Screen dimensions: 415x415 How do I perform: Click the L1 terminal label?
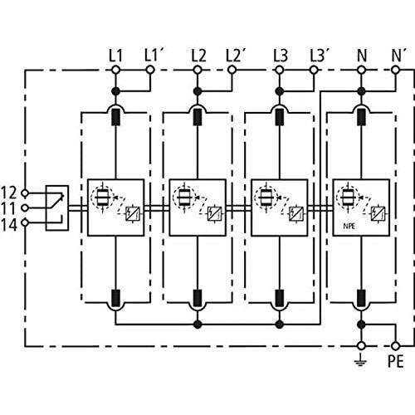[115, 55]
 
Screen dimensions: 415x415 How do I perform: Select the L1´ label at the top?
[151, 55]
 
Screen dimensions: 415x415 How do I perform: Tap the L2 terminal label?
[198, 55]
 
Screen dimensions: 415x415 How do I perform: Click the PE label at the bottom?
[396, 362]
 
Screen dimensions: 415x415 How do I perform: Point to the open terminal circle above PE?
[396, 344]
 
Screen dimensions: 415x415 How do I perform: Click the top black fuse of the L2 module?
[198, 117]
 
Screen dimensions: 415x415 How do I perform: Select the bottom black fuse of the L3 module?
[280, 297]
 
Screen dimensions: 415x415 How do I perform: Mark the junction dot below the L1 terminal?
[115, 90]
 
